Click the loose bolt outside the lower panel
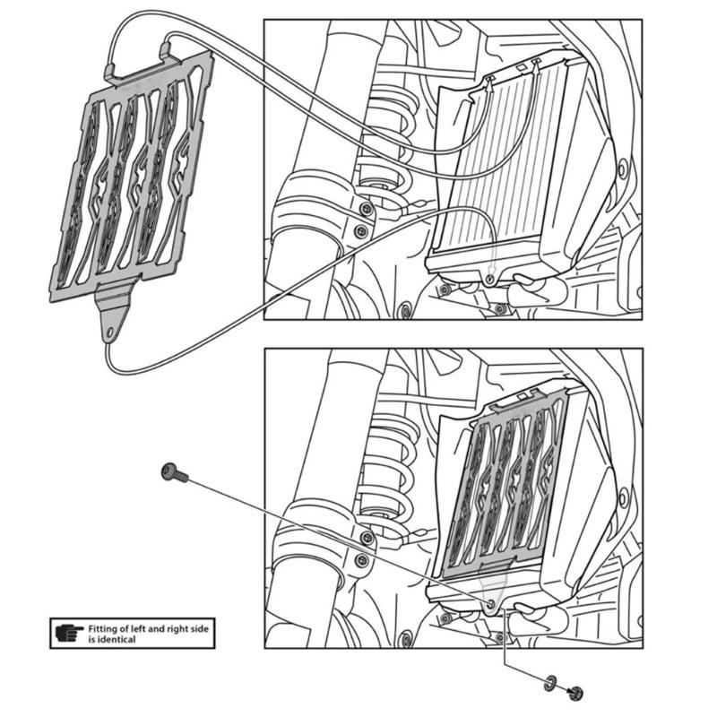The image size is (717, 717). (x=173, y=473)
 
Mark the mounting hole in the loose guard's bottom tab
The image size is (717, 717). (x=111, y=333)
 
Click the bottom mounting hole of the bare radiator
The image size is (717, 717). (x=489, y=281)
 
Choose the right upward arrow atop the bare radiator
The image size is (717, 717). (x=537, y=64)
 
